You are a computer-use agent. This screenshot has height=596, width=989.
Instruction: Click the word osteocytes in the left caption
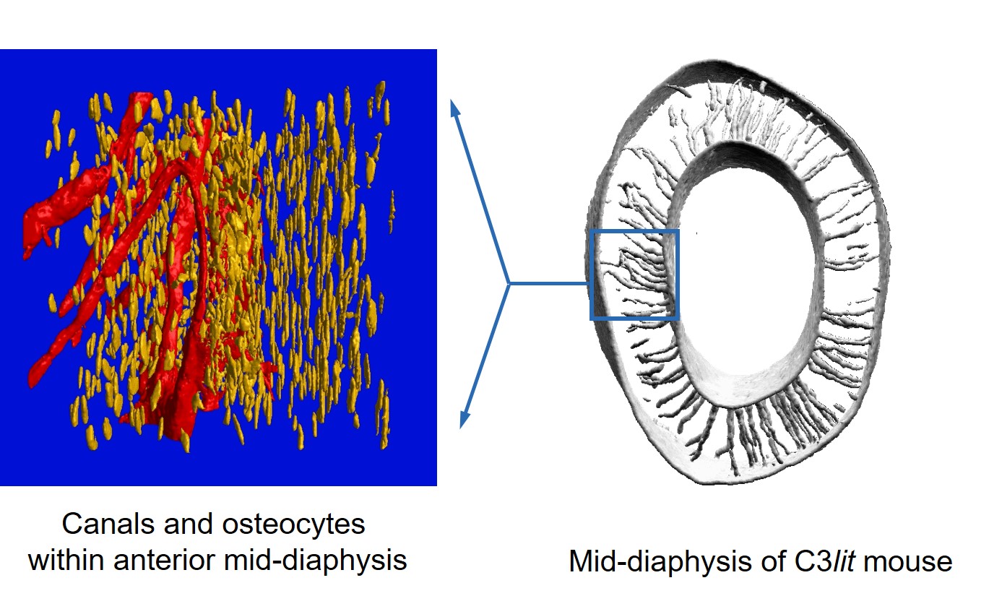[293, 525]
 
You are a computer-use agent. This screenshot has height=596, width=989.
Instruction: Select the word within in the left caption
[68, 561]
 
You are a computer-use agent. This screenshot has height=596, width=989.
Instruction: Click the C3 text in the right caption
[811, 561]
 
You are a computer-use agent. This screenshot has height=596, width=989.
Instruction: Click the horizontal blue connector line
[550, 283]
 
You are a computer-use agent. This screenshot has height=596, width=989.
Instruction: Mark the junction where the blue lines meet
[509, 283]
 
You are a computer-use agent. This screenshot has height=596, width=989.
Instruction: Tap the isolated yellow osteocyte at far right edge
[392, 212]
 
